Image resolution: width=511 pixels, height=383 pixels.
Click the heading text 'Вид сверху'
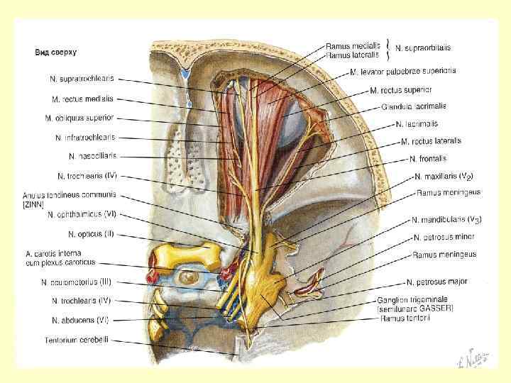(x=57, y=52)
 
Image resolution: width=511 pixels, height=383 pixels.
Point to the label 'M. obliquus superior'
(x=82, y=118)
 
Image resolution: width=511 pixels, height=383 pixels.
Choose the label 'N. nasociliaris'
(x=92, y=156)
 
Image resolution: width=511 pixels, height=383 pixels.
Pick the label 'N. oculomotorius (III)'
(x=79, y=282)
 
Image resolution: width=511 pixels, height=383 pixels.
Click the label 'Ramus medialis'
(x=353, y=43)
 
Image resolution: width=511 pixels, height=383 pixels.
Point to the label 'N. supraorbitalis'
(x=422, y=48)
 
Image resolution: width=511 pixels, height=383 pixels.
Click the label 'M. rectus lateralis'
(x=434, y=141)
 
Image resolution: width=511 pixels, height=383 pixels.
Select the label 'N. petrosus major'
(x=437, y=282)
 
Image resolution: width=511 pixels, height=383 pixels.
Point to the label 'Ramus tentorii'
(x=404, y=319)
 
